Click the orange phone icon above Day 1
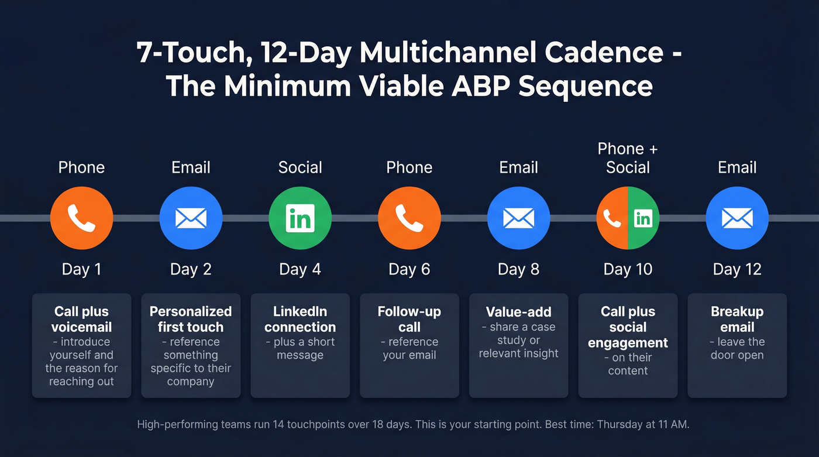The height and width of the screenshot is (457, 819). [81, 218]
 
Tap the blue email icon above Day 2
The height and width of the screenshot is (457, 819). [191, 218]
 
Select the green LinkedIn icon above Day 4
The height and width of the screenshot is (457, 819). [300, 218]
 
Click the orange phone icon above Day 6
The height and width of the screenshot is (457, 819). [409, 218]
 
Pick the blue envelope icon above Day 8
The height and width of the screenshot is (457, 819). [518, 218]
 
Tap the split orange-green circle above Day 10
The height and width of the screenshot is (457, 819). [628, 218]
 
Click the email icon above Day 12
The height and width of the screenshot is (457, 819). [737, 218]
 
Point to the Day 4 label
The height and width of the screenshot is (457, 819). [300, 269]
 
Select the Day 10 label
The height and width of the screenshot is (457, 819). [628, 269]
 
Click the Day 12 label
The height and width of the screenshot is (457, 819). [737, 269]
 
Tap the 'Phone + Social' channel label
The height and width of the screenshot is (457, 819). [628, 158]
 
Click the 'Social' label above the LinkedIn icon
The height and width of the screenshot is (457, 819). [300, 167]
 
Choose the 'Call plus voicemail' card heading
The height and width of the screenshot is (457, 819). [81, 319]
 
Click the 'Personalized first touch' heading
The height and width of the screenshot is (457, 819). [191, 319]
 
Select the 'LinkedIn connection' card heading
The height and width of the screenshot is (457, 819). [300, 319]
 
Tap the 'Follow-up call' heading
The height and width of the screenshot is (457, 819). [409, 319]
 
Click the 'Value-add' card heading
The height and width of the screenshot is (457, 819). [518, 312]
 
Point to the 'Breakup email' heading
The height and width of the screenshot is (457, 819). [737, 319]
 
